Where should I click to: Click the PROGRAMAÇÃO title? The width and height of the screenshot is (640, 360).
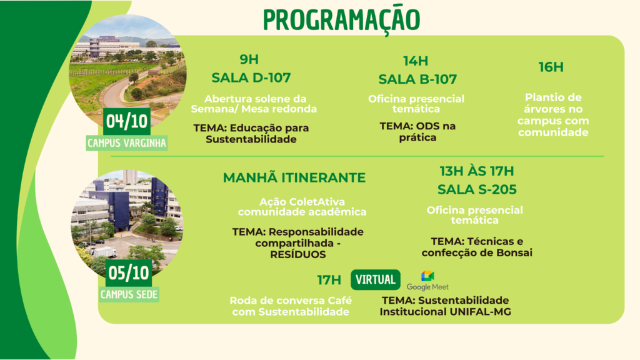click(341, 19)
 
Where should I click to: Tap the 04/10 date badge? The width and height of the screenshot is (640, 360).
click(126, 122)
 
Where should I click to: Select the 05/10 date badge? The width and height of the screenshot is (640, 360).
click(129, 273)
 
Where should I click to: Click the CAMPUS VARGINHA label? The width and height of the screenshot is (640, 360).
click(126, 143)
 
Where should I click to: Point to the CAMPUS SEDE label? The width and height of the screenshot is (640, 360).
click(129, 294)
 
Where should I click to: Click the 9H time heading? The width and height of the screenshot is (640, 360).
click(249, 59)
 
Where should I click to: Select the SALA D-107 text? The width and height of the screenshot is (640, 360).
click(251, 77)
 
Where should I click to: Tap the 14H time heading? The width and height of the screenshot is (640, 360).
click(416, 61)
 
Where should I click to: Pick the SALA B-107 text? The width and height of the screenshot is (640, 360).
click(417, 79)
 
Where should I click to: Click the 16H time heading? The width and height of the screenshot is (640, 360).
click(551, 67)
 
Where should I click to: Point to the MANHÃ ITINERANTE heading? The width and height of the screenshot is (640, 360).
click(294, 177)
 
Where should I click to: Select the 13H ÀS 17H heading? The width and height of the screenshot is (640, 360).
click(477, 171)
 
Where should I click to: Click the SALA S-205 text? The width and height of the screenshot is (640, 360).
click(477, 189)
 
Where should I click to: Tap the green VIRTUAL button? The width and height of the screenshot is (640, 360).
click(376, 279)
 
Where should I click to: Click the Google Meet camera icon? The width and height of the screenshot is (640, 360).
click(427, 276)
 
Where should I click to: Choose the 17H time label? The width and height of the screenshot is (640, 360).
click(329, 280)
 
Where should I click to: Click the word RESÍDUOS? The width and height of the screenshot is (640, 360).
click(298, 255)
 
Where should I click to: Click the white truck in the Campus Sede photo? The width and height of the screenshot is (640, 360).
click(104, 252)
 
